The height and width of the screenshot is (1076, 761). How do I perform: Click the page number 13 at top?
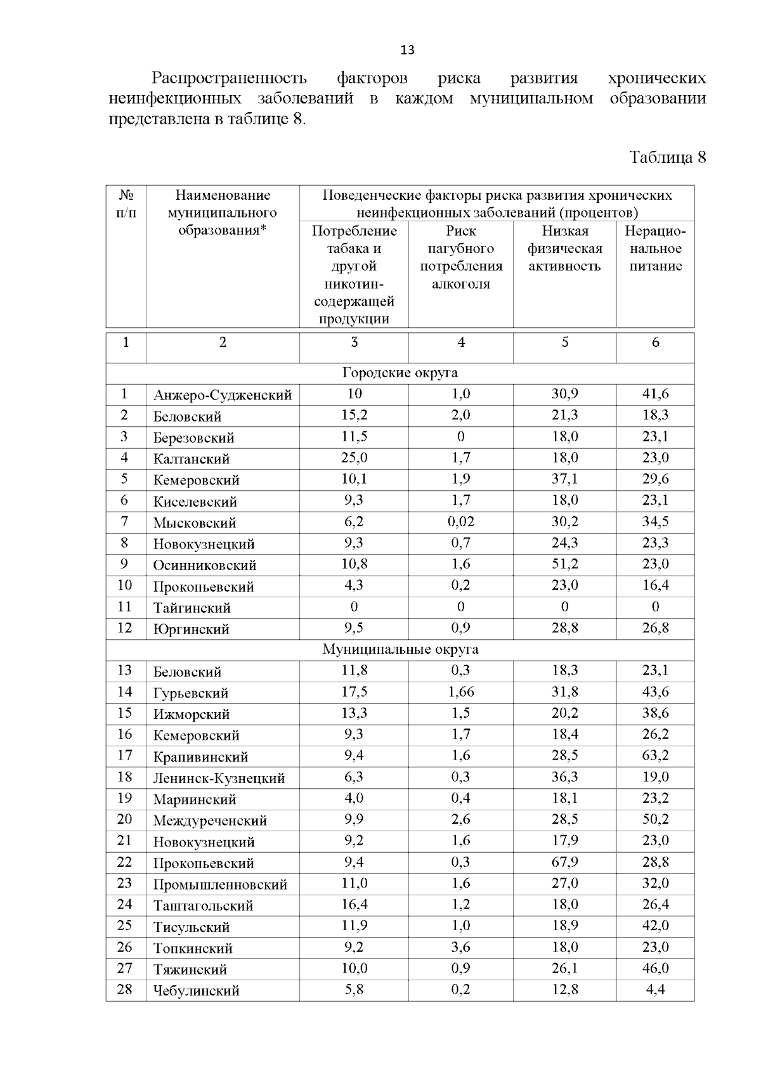coord(407,50)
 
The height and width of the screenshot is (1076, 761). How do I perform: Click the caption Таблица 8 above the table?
coord(667,158)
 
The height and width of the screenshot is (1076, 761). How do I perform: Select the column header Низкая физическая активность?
coord(564,249)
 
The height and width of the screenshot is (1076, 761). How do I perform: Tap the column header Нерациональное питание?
coord(655,249)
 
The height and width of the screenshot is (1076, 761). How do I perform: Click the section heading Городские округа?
coord(400,373)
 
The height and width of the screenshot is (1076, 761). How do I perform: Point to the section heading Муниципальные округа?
coord(400,649)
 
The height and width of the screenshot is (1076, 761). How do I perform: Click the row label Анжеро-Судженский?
coord(223,396)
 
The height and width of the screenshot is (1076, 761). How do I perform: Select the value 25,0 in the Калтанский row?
coord(354,458)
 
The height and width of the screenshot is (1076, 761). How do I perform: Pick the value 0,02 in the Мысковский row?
coord(460,522)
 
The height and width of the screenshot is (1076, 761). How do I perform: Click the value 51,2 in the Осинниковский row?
coord(564,564)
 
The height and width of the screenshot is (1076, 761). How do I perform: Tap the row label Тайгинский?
coord(192,608)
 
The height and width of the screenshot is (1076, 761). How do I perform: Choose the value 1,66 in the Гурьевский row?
coord(460,692)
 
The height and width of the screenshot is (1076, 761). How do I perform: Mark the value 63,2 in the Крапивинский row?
coord(655,756)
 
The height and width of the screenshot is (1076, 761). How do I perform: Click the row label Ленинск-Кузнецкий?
coord(219,779)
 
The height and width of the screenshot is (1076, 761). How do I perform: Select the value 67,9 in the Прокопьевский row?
coord(564,862)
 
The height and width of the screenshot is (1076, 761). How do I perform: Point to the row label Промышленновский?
coord(220,885)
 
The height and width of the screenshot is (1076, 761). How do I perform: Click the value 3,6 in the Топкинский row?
coord(460,947)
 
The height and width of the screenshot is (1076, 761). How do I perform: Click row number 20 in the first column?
coord(125,820)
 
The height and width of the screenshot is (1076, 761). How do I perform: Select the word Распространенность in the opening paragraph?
coord(229,79)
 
